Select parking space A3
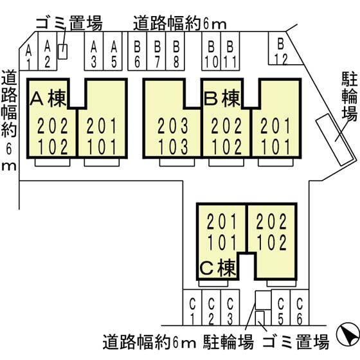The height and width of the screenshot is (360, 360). point(94,51)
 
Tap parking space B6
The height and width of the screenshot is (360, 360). point(137,51)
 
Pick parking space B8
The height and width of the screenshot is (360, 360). point(175,51)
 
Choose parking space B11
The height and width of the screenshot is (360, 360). point(230,51)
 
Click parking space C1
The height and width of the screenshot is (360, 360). point(192,307)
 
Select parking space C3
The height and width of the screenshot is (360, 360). point(230,307)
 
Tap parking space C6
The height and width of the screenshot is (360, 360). point(300,307)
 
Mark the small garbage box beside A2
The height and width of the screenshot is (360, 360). point(62,51)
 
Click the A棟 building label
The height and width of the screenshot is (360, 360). point(48,99)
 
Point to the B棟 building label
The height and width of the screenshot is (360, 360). point(222,99)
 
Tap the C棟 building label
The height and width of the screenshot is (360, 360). point(218,268)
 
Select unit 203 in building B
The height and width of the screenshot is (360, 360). point(173,125)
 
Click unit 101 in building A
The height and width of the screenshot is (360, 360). point(102,147)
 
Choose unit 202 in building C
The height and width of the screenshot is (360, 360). point(271,221)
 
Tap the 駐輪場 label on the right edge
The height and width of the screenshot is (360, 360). point(350,96)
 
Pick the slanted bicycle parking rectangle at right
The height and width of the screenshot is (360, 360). point(335,139)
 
